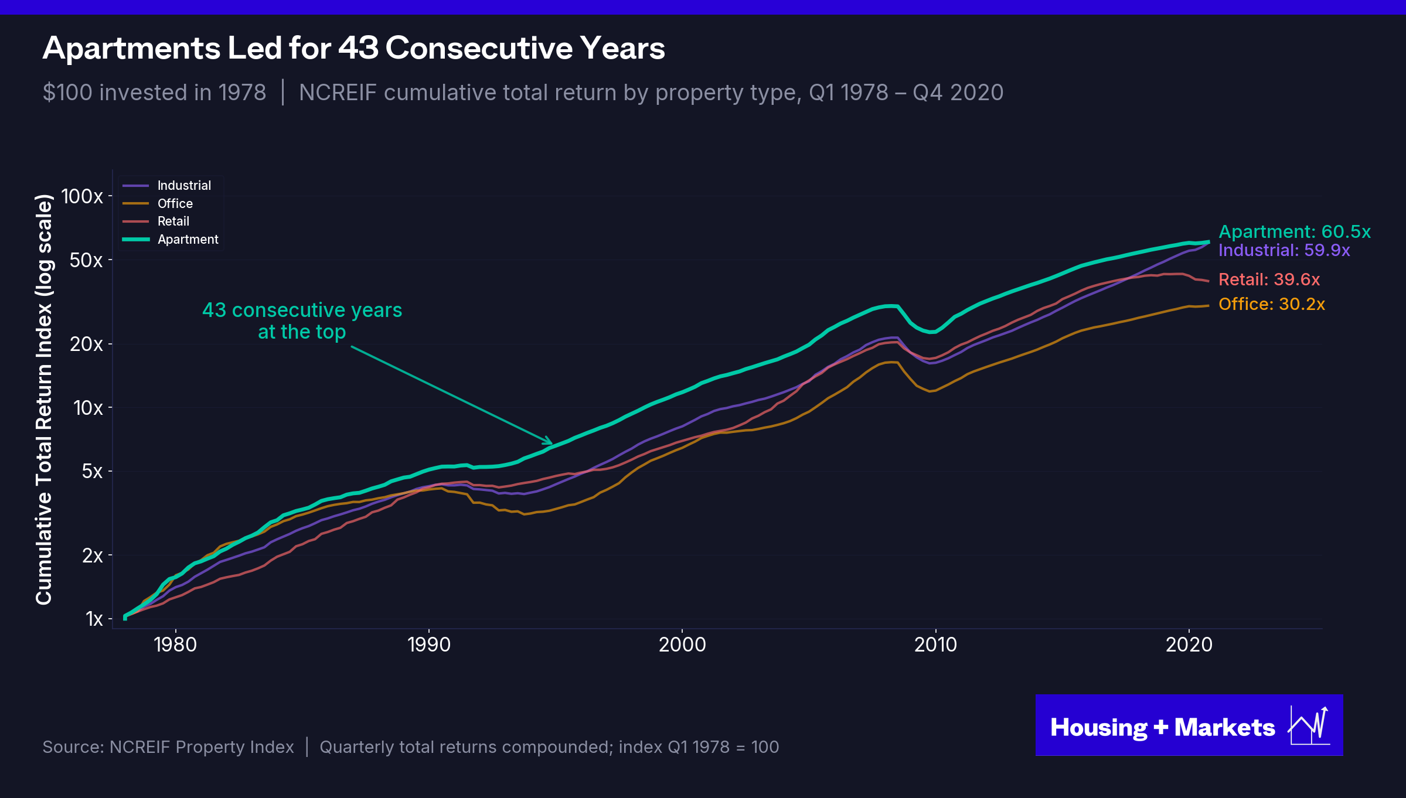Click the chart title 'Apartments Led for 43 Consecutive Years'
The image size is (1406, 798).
pos(354,48)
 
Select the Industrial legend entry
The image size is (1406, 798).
pos(167,186)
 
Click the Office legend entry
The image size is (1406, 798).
pos(158,203)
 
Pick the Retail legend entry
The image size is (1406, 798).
pos(156,221)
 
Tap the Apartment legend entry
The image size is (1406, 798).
pos(171,240)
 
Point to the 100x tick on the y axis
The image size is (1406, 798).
pos(82,196)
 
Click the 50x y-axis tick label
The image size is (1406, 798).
pos(86,260)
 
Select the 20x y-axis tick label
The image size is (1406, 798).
pos(86,344)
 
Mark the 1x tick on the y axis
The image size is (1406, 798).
pos(94,619)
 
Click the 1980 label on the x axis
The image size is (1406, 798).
pos(175,645)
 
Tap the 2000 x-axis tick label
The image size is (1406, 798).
pos(682,645)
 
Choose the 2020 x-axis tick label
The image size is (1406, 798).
pos(1189,645)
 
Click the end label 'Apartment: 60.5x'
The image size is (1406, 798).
pos(1295,232)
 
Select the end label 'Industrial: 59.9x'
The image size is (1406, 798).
pos(1284,251)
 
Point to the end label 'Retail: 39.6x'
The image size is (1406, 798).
pos(1269,279)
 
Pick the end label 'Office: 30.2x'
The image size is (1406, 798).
pos(1272,304)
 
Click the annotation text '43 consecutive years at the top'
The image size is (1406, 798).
pos(302,321)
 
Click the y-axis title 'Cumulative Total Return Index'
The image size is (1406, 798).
pos(44,400)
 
